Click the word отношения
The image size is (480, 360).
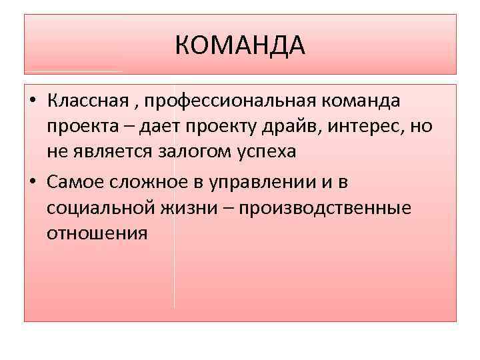[97, 234]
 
